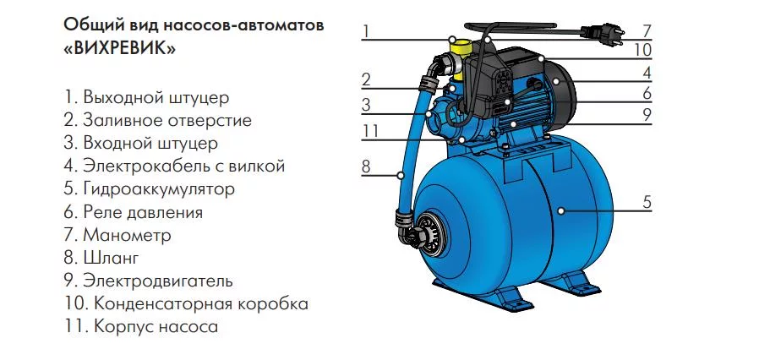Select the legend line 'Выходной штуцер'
(x=146, y=98)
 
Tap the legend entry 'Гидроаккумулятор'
(x=149, y=188)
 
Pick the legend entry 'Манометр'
(x=117, y=235)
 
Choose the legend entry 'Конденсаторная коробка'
(x=186, y=304)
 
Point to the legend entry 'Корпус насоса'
(x=141, y=326)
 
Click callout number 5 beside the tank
(x=647, y=203)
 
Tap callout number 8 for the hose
(x=366, y=167)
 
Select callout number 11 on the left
(x=370, y=132)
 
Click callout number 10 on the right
(x=644, y=50)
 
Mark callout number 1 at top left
(x=366, y=31)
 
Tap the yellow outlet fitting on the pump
(x=459, y=61)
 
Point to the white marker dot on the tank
(x=560, y=211)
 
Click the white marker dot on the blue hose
(x=401, y=175)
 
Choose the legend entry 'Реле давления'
(x=133, y=212)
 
